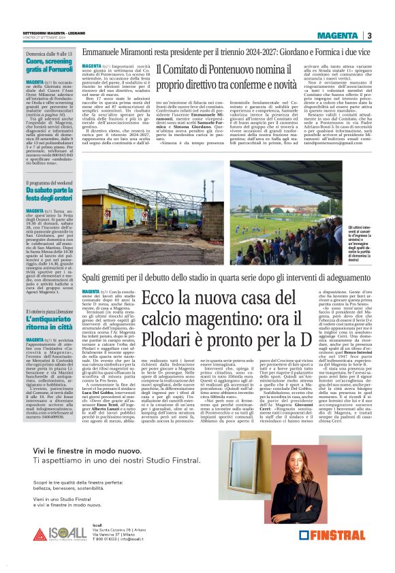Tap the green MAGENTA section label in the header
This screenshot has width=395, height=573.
[x=341, y=35]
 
